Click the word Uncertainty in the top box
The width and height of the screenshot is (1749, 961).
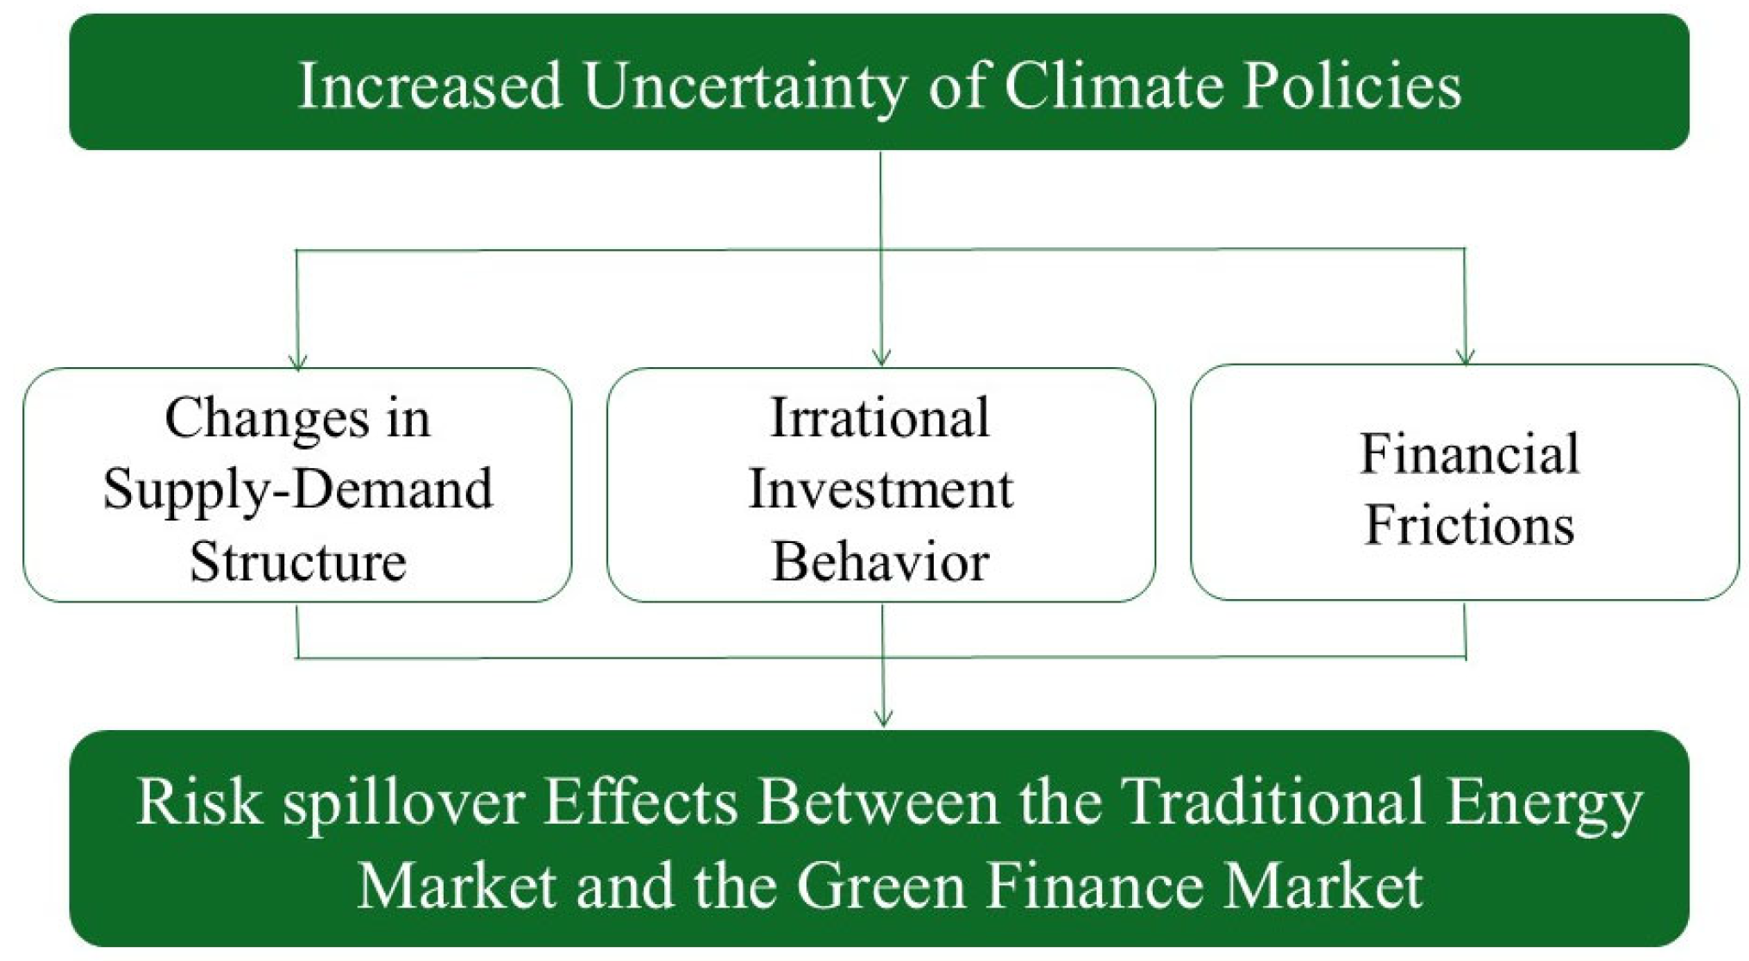coord(744,86)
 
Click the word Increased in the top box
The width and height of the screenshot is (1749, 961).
coord(430,86)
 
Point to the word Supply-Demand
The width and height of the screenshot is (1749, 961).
coord(298,490)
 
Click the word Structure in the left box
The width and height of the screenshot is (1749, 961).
coord(298,561)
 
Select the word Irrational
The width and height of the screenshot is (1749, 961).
coord(880,418)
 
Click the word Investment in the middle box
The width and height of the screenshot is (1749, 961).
coord(881,490)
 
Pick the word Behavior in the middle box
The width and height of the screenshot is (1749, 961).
coord(880,561)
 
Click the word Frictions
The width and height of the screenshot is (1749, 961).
coord(1470,525)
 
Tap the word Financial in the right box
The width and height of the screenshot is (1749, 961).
coord(1470,453)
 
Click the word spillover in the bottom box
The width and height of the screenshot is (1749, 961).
coord(403,802)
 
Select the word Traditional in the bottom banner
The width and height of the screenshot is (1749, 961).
coord(1274,802)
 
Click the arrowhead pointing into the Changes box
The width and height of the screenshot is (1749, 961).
coord(298,361)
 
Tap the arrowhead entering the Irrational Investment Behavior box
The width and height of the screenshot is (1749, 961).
coord(881,358)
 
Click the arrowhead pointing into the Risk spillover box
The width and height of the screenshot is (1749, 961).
coord(883,718)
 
